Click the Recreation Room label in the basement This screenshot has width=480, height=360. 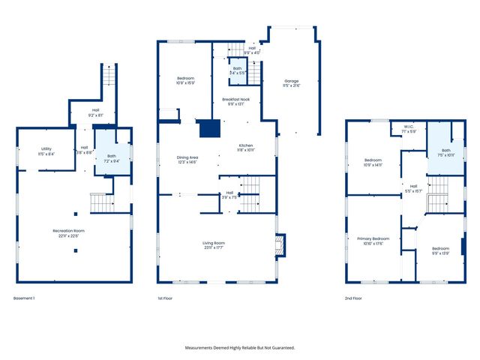coord(68,232)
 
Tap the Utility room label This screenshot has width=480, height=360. coord(46,151)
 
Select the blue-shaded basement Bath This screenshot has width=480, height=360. coord(111,158)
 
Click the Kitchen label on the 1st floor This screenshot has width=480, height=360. coord(247,148)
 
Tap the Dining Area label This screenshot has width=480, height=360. coord(186,159)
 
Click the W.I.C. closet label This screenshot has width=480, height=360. coord(409,129)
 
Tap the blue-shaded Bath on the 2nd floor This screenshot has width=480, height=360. coord(446,153)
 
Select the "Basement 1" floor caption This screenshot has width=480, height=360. coord(25,298)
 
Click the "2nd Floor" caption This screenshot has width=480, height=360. coord(353,298)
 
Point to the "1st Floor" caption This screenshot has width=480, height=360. coord(166,298)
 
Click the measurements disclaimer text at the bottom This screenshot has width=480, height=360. coord(240,347)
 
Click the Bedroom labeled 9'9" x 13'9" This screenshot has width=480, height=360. coord(441,251)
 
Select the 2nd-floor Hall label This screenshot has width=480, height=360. coord(413,188)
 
